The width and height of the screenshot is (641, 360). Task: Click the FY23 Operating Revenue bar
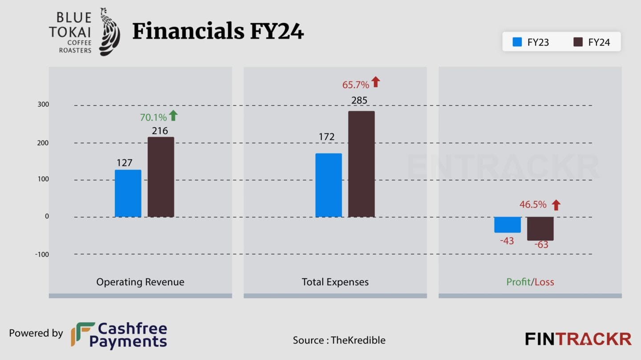pos(128,194)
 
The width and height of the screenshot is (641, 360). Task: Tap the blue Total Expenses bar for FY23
pos(329,185)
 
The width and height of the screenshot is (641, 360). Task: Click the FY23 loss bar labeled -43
pos(507,225)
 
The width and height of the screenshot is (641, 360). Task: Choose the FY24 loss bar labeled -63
pos(540,229)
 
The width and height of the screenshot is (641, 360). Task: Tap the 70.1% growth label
pos(153,117)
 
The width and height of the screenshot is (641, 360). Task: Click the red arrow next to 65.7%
pos(376,82)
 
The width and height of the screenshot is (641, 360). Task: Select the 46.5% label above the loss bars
pos(533,205)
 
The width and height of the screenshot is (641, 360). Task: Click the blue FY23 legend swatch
pos(517,42)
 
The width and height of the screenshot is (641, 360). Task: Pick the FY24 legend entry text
pos(599,42)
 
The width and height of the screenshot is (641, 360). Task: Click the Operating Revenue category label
pos(140,282)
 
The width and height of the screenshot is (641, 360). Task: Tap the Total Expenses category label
pos(335,282)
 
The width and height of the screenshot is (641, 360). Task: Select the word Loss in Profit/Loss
pos(544,282)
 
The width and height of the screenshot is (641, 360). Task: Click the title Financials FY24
pos(218,32)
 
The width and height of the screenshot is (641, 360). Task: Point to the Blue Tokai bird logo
pos(109,32)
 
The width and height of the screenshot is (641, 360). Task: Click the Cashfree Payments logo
pos(119,335)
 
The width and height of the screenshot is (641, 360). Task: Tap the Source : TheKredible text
pos(339,340)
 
